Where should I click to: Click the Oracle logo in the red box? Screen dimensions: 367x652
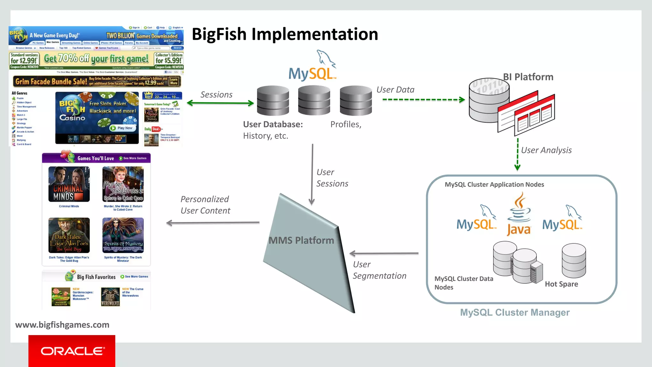72,351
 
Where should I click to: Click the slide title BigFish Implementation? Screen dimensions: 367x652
285,34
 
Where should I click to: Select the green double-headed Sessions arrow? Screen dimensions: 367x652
220,103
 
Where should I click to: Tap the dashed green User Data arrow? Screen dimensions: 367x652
423,100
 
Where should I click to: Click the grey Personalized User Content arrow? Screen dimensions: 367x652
213,223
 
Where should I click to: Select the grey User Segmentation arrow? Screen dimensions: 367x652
384,254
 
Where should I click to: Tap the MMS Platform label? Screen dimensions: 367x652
301,241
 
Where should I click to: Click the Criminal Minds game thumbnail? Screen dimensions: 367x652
69,184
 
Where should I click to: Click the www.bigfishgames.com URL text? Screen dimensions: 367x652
62,325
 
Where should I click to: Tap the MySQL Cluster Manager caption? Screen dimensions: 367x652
515,313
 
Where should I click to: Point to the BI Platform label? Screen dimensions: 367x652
528,77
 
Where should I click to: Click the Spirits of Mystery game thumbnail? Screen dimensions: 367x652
123,235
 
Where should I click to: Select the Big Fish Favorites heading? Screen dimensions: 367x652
96,277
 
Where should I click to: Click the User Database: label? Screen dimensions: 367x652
273,125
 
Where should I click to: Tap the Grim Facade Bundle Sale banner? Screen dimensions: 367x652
97,82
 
